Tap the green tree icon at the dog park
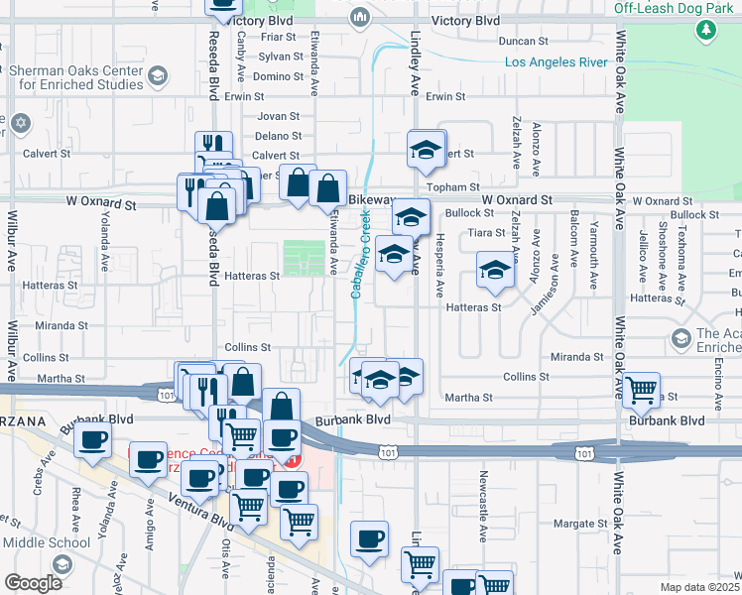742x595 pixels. (x=706, y=31)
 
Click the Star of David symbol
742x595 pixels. (x=22, y=124)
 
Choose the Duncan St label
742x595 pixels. (x=524, y=42)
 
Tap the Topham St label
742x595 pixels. (x=452, y=186)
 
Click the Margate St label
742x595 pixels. (x=579, y=524)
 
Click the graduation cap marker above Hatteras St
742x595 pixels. (x=495, y=270)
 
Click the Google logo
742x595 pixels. (x=34, y=582)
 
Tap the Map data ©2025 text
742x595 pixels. (x=699, y=587)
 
